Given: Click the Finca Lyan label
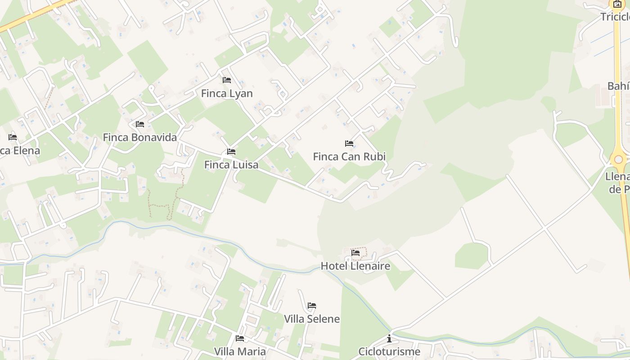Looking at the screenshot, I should (227, 94).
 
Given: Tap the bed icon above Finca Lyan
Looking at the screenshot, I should (227, 80).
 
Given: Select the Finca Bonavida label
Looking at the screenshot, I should (140, 137).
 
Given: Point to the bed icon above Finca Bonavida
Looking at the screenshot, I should (140, 124).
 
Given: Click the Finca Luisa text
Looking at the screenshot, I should (231, 165).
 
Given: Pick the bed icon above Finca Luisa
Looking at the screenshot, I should (231, 152).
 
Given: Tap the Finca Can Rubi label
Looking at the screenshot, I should (349, 157).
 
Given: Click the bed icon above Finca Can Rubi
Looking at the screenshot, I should (349, 144).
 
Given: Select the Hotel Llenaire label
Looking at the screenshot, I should (355, 266).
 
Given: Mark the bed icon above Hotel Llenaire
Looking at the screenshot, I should (355, 253).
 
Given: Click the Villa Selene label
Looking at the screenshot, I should (312, 319).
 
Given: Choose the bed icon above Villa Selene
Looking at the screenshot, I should (312, 306).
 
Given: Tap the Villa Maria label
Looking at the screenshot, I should (240, 351).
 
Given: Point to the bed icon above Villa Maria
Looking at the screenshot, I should (240, 338).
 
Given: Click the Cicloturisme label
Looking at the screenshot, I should (389, 351).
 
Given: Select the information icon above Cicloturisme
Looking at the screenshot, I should (389, 338).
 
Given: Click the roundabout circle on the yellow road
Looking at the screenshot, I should (619, 159).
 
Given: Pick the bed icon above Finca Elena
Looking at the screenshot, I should (13, 137).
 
